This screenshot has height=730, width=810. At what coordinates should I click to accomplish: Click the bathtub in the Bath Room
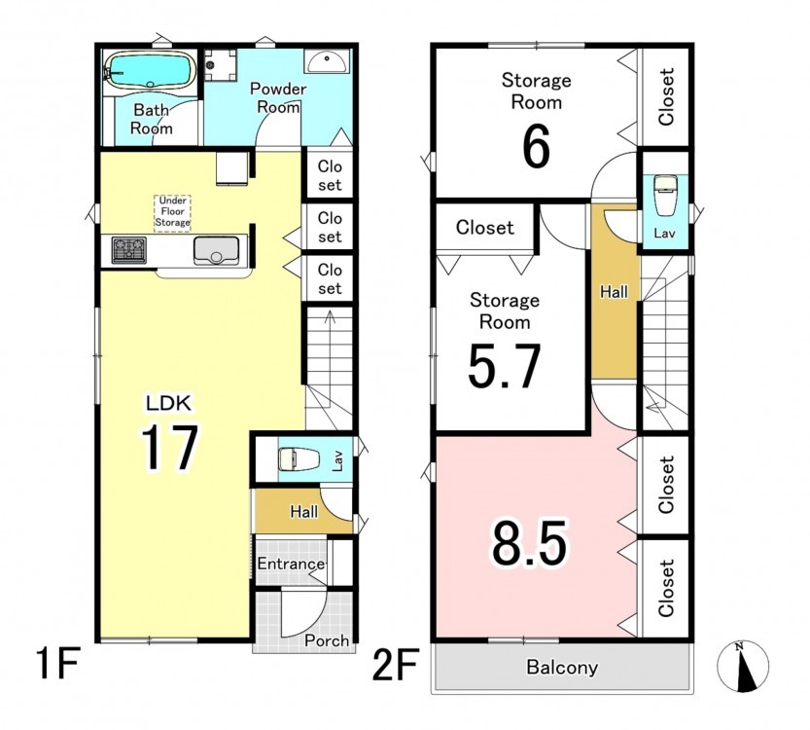pyautogui.click(x=150, y=70)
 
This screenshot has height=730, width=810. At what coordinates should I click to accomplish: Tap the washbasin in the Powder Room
pyautogui.click(x=327, y=61)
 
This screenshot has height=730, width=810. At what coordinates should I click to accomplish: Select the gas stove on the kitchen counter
pyautogui.click(x=129, y=250)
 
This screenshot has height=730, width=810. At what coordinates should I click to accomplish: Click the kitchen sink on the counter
pyautogui.click(x=217, y=250)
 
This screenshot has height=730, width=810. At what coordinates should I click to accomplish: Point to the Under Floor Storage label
pyautogui.click(x=172, y=211)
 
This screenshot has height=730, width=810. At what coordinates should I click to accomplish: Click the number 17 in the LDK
pyautogui.click(x=169, y=447)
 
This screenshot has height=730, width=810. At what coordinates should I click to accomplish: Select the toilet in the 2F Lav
pyautogui.click(x=665, y=196)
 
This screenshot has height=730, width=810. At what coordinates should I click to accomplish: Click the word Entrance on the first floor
pyautogui.click(x=291, y=563)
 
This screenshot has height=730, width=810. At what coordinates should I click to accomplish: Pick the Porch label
pyautogui.click(x=327, y=640)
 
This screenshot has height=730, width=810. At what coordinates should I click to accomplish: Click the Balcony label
pyautogui.click(x=562, y=667)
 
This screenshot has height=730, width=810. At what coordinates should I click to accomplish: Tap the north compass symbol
pyautogui.click(x=743, y=667)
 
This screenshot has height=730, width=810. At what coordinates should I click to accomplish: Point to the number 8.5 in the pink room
pyautogui.click(x=529, y=543)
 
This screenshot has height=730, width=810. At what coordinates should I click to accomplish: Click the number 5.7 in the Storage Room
pyautogui.click(x=504, y=366)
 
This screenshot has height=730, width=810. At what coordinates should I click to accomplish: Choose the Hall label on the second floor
pyautogui.click(x=614, y=292)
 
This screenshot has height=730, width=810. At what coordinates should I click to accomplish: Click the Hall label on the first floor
pyautogui.click(x=303, y=512)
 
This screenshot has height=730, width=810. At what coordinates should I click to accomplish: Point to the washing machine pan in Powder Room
pyautogui.click(x=220, y=65)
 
